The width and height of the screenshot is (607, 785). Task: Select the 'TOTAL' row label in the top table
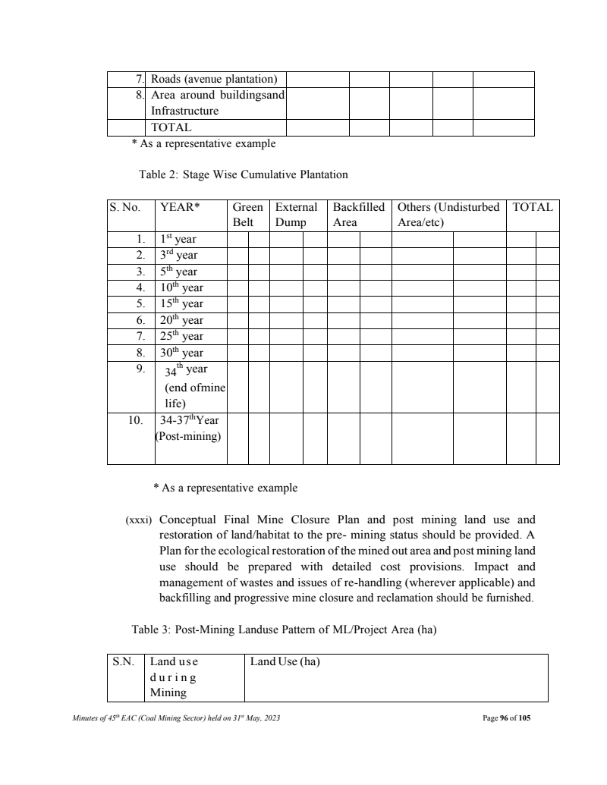click(171, 127)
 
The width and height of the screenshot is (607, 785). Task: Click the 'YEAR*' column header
click(174, 207)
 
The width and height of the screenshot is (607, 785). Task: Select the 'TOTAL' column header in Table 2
click(533, 207)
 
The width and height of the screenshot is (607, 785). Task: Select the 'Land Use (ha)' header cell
click(285, 662)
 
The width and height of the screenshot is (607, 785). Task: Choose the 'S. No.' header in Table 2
click(128, 207)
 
